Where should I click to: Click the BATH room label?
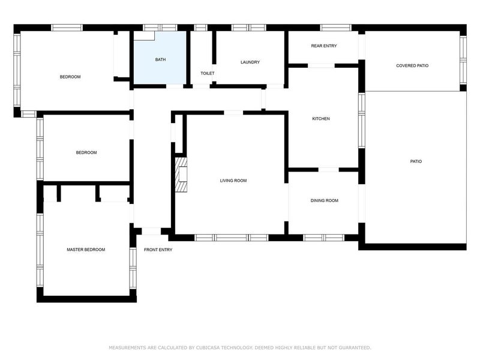pyautogui.click(x=160, y=59)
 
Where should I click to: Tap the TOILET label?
pyautogui.click(x=207, y=73)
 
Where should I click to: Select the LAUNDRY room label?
pyautogui.click(x=250, y=62)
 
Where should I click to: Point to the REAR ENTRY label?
pyautogui.click(x=323, y=46)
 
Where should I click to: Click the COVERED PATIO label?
pyautogui.click(x=412, y=65)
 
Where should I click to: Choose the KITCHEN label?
pyautogui.click(x=321, y=119)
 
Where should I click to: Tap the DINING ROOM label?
pyautogui.click(x=324, y=200)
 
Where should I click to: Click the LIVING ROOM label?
pyautogui.click(x=233, y=181)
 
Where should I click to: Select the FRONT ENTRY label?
pyautogui.click(x=158, y=250)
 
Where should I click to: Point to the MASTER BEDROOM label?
pyautogui.click(x=86, y=250)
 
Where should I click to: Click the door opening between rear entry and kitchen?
pyautogui.click(x=321, y=65)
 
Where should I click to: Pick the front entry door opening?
pyautogui.click(x=151, y=231)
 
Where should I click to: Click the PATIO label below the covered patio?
pyautogui.click(x=415, y=161)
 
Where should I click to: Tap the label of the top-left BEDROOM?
pyautogui.click(x=70, y=77)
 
